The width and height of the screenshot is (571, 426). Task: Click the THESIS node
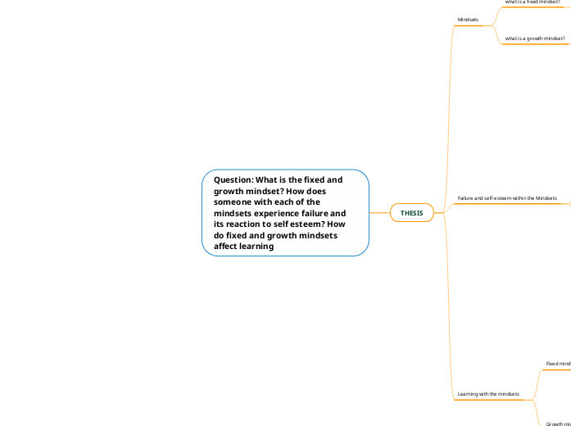(411, 213)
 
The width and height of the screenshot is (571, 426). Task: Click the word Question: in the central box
(233, 179)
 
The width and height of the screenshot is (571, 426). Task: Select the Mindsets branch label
(468, 19)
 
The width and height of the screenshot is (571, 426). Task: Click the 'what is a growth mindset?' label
(534, 39)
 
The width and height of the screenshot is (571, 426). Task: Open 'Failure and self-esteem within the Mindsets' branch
(506, 198)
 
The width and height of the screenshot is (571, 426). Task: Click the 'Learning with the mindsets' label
(488, 394)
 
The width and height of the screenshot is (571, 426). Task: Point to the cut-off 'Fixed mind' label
(558, 363)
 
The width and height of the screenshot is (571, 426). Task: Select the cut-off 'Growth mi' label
(558, 424)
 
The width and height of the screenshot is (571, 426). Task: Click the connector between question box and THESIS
(379, 213)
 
